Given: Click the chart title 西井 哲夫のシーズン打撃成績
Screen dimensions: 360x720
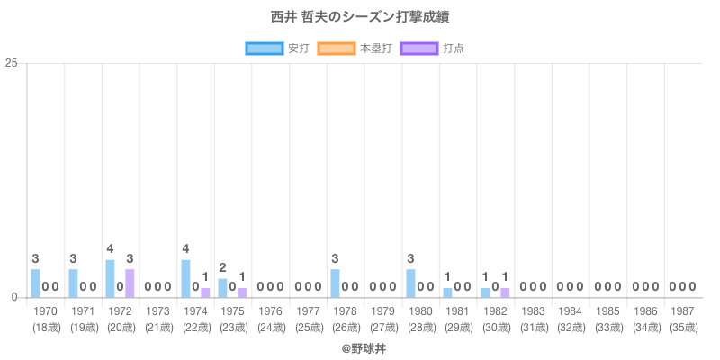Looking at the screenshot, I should point(360,17).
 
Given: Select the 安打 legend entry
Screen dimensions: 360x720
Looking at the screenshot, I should point(277,48).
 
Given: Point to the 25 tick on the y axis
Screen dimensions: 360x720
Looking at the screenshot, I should point(12,63).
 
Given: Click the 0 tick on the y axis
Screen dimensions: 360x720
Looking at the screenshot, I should point(15,297).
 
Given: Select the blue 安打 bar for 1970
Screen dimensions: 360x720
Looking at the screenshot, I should point(35,283).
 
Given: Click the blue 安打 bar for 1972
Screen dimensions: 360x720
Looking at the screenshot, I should point(110,278).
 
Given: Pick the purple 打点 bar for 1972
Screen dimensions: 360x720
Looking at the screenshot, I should point(130,283).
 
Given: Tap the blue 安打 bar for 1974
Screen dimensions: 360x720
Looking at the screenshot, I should point(185,278).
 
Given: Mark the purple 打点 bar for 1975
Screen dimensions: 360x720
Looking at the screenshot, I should point(242,292).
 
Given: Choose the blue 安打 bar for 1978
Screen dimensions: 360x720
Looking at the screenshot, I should point(335,283).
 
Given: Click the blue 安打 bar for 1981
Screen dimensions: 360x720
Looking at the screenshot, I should point(447,292).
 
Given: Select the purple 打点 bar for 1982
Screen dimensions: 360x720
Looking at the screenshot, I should point(505,292).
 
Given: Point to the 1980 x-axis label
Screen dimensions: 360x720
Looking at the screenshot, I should point(420,311).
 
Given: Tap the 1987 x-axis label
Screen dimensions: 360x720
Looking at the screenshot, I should point(683,311).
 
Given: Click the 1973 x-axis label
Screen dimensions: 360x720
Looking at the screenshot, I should point(157,311).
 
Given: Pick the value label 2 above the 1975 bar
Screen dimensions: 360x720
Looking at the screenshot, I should point(222,267).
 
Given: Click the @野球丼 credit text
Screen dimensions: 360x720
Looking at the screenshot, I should point(360,346).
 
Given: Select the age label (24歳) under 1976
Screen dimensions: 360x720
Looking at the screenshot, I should point(270,327).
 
